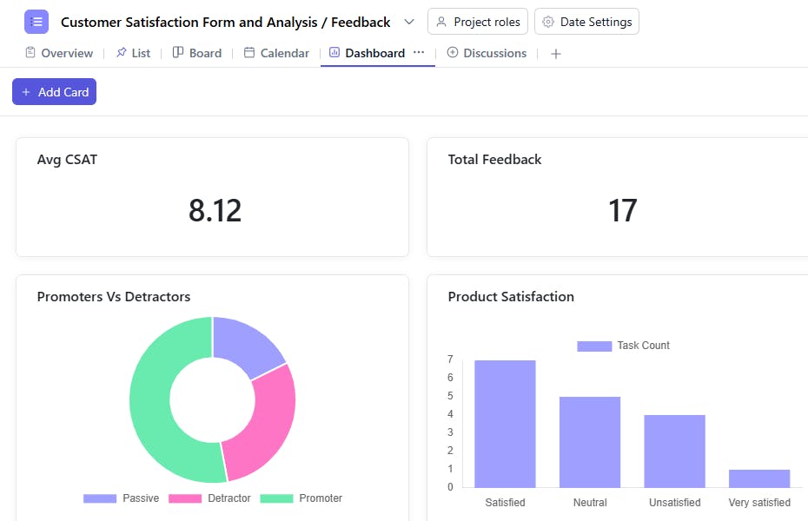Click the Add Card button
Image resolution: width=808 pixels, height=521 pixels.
click(54, 92)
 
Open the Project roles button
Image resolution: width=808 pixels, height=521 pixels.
click(478, 22)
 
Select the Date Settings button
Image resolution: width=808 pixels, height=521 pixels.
click(586, 22)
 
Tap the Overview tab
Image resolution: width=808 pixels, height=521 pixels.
click(59, 53)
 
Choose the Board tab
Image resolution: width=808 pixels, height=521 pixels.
click(197, 53)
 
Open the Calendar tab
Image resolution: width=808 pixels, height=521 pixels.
click(276, 53)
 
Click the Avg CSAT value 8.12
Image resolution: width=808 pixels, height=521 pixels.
click(215, 211)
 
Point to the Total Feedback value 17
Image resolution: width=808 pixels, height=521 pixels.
click(622, 211)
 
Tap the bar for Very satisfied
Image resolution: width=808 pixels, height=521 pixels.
click(759, 478)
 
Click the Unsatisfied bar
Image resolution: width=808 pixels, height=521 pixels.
click(674, 451)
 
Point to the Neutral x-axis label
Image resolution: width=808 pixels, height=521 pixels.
click(590, 503)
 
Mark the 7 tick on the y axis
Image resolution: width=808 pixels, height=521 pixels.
click(450, 359)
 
